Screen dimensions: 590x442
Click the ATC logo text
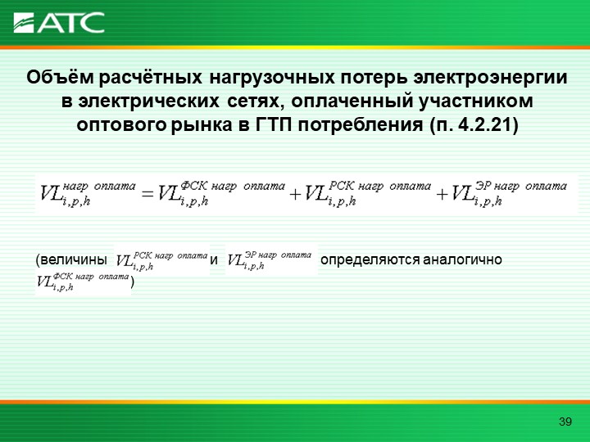click(70, 23)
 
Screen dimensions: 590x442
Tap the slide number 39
click(565, 422)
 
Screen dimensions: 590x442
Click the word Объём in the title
click(60, 78)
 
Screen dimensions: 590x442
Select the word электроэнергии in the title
click(490, 79)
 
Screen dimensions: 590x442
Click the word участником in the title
click(476, 101)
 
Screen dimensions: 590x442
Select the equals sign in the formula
click(147, 194)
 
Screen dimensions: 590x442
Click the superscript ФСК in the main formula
click(194, 185)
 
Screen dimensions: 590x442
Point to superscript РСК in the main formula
click(342, 185)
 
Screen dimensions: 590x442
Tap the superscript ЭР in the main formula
click(483, 185)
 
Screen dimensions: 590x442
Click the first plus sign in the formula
click(295, 194)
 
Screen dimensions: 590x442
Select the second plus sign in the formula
click(442, 194)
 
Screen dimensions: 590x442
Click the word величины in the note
click(74, 259)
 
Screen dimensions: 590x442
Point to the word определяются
click(370, 260)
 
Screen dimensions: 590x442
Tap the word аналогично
click(462, 259)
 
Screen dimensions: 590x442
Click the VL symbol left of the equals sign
click(51, 193)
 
